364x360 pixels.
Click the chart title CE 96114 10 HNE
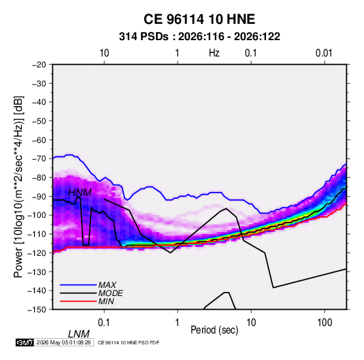tap(199, 19)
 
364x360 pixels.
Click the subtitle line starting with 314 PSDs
tap(199, 37)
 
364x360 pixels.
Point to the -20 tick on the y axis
tap(39, 65)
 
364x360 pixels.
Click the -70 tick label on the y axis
tap(39, 159)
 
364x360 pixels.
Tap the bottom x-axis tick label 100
tap(325, 323)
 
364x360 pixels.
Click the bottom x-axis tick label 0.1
tap(104, 323)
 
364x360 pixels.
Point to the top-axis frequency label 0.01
tap(324, 53)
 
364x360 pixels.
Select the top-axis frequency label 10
tap(104, 53)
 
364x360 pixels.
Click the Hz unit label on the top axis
tap(214, 53)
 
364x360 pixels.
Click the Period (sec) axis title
tap(214, 330)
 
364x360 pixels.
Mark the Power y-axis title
tap(18, 186)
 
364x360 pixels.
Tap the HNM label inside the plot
tap(80, 193)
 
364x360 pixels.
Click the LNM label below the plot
tap(79, 334)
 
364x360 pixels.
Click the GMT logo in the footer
tap(25, 342)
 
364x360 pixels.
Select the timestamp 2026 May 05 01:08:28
tap(63, 342)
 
